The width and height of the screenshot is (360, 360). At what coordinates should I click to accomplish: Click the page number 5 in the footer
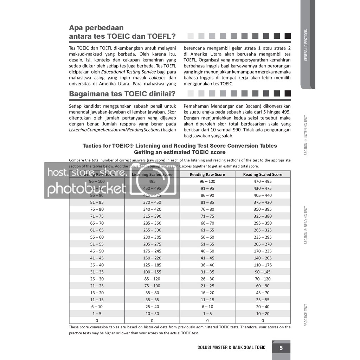(281, 348)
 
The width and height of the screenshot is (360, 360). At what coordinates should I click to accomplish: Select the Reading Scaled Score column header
(263, 174)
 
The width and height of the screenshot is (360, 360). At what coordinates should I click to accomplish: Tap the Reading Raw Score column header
(207, 174)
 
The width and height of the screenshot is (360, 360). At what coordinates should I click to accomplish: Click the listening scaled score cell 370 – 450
(152, 202)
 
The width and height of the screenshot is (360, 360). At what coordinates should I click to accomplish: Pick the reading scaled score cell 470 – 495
(263, 181)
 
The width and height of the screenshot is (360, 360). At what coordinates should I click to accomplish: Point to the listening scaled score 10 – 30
(152, 314)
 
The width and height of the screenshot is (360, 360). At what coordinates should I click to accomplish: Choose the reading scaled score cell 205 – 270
(263, 244)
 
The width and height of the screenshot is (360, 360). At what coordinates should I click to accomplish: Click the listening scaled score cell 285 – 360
(152, 223)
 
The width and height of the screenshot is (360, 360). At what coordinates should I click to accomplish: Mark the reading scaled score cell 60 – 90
(263, 286)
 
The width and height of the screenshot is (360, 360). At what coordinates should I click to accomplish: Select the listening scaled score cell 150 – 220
(152, 258)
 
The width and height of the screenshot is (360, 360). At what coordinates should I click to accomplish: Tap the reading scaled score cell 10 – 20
(263, 314)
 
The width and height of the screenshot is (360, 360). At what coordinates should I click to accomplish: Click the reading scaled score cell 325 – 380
(263, 216)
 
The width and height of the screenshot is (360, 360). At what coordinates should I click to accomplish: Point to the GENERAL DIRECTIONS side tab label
(306, 45)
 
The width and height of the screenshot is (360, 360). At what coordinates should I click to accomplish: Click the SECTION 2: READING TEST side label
(306, 225)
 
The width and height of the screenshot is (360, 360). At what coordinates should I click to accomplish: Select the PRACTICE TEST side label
(306, 315)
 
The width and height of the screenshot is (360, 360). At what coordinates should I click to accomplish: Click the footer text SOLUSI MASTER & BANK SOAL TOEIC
(232, 348)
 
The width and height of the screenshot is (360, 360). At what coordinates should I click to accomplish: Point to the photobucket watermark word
(86, 189)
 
